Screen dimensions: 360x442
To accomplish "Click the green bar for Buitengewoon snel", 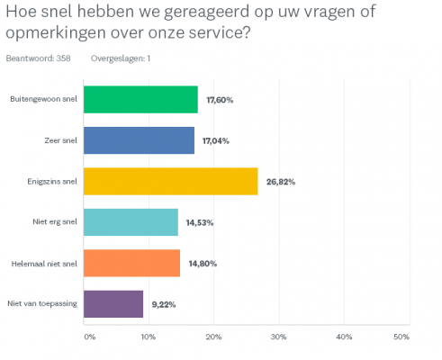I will click(x=140, y=99).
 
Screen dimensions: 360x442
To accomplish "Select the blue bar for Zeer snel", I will click(x=139, y=140).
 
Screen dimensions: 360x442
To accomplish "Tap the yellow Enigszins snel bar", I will click(x=170, y=181).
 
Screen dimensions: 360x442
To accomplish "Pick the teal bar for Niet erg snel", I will click(x=131, y=221).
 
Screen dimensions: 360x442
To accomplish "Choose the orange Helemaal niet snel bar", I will click(x=131, y=263).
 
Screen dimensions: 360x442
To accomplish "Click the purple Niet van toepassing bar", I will click(x=113, y=304).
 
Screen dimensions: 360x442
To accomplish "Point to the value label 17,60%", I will click(x=219, y=100).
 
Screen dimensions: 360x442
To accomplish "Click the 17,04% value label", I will click(x=215, y=140).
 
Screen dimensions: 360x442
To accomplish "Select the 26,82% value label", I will click(x=280, y=182).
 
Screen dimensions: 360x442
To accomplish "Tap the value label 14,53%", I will click(x=199, y=222).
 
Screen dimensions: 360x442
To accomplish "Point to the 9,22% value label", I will click(x=163, y=304).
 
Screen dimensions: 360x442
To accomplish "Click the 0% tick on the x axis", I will click(x=89, y=337).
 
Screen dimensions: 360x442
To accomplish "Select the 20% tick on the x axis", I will click(x=214, y=337).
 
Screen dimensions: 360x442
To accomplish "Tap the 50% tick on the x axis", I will click(x=401, y=337).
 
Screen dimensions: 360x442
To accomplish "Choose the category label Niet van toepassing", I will click(x=42, y=304).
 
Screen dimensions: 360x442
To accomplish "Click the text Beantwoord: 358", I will click(x=38, y=58).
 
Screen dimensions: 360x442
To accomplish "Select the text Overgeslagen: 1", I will click(x=121, y=58).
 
